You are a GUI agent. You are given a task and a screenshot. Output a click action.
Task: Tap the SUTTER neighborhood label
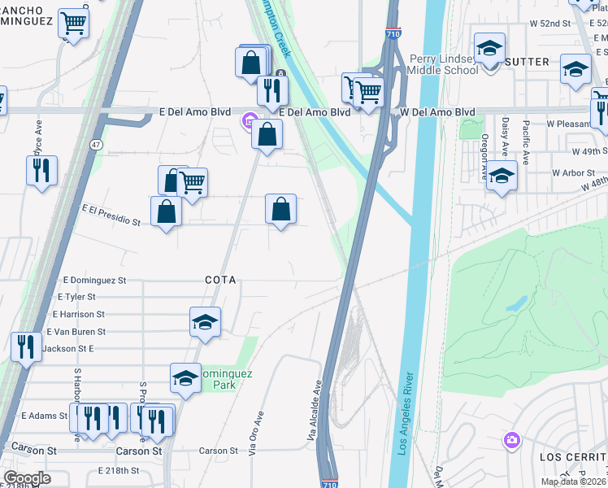(527, 62)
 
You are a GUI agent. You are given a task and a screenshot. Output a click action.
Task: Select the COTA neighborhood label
(220, 280)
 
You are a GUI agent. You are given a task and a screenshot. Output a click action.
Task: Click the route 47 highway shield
(97, 145)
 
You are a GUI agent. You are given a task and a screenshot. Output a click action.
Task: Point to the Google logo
(27, 478)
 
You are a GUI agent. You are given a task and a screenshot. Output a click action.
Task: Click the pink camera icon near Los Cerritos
(511, 440)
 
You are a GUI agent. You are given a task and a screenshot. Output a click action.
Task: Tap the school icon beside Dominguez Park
(186, 377)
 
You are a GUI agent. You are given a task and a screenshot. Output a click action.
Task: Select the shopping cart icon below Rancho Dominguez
(74, 24)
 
